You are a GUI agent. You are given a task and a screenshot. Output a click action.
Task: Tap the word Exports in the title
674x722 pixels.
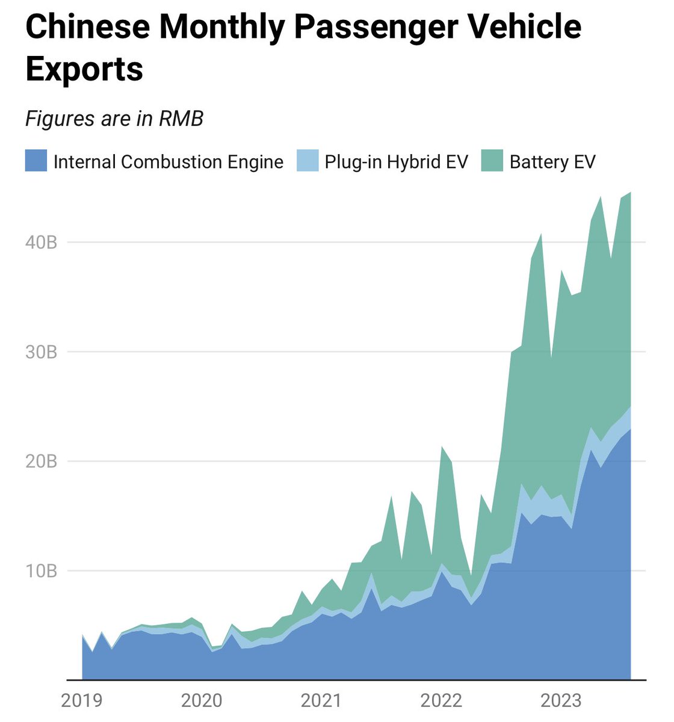(x=84, y=69)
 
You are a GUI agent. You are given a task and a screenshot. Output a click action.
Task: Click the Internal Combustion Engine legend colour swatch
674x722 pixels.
(x=36, y=161)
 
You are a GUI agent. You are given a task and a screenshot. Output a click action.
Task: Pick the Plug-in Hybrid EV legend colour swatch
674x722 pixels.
(x=308, y=161)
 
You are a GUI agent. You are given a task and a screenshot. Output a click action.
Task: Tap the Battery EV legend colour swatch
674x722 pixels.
(x=492, y=161)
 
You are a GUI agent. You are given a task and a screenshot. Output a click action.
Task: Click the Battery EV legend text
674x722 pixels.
(x=552, y=162)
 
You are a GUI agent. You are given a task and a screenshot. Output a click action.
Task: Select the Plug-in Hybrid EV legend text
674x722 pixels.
(x=396, y=162)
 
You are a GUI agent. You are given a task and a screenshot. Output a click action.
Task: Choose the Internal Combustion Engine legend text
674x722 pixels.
(x=168, y=162)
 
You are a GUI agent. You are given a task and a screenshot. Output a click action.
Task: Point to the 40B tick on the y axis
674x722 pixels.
(x=41, y=242)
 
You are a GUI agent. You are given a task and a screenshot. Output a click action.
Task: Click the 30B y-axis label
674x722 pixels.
(x=41, y=352)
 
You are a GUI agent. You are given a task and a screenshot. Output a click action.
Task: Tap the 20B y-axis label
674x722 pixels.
(x=41, y=461)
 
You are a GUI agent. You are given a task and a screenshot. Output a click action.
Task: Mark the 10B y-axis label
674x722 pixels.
(x=41, y=570)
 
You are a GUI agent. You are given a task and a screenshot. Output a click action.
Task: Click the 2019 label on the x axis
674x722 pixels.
(x=82, y=700)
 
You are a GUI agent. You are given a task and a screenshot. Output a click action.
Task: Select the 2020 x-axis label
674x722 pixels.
(x=202, y=700)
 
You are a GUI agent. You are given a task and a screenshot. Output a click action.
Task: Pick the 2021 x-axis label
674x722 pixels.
(x=321, y=700)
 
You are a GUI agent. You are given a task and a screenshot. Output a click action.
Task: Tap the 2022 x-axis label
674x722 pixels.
(x=441, y=700)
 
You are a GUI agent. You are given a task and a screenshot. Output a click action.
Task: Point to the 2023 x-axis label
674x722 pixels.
(x=561, y=700)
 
